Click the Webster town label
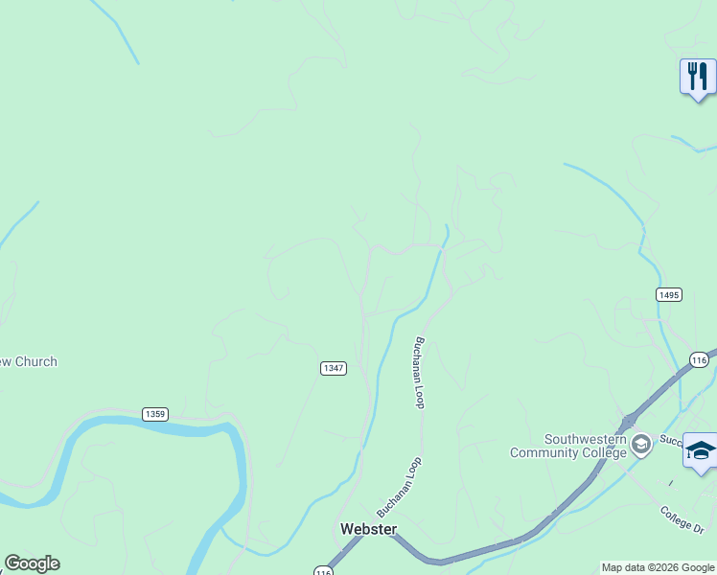coord(369,529)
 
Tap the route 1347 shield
coord(333,368)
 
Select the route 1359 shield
coord(154,414)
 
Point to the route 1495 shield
coord(669,294)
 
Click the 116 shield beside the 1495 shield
coord(698,359)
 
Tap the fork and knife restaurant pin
coord(698,76)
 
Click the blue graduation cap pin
coord(701,450)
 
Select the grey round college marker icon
coord(640,444)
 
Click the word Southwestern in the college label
coord(585,439)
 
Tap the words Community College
coord(567,452)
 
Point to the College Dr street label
coord(682,515)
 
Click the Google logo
coord(32,563)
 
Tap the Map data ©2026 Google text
coord(658,567)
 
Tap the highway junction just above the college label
coord(626,421)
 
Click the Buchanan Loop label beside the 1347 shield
coord(419,373)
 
